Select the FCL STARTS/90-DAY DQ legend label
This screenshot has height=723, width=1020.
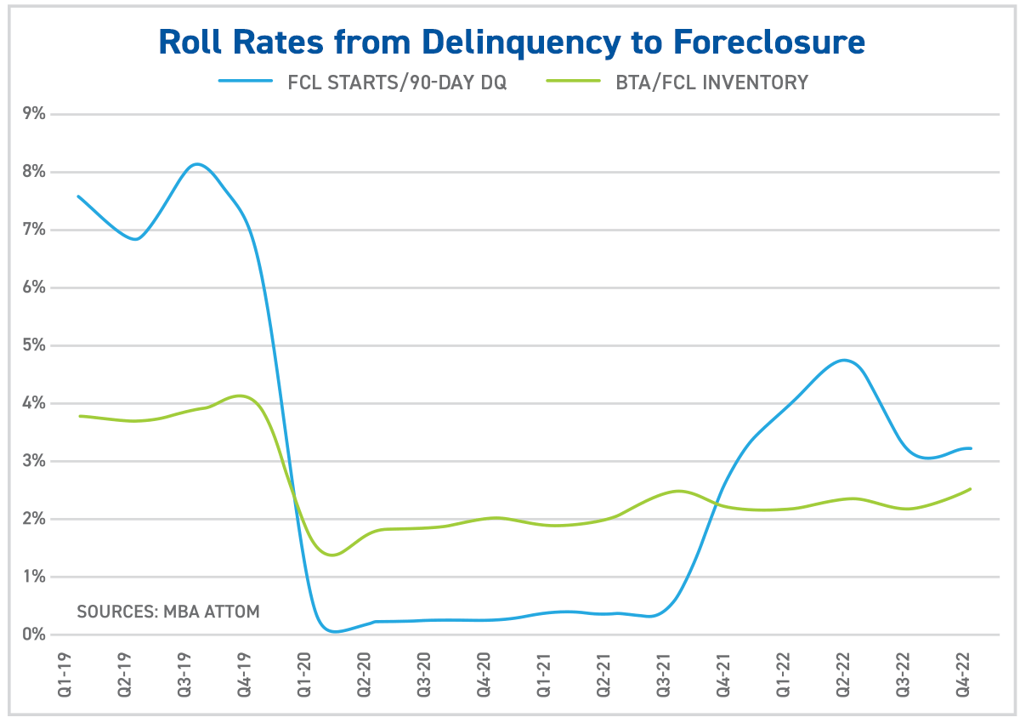coord(397,83)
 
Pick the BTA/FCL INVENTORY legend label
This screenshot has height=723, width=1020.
coord(711,83)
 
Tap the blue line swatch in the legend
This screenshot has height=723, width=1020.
coord(246,83)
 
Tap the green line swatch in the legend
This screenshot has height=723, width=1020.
coord(576,83)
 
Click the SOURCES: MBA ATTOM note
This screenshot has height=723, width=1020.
coord(168,611)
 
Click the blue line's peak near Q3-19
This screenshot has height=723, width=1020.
coord(196,164)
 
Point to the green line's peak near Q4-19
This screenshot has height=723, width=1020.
coord(241,396)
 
